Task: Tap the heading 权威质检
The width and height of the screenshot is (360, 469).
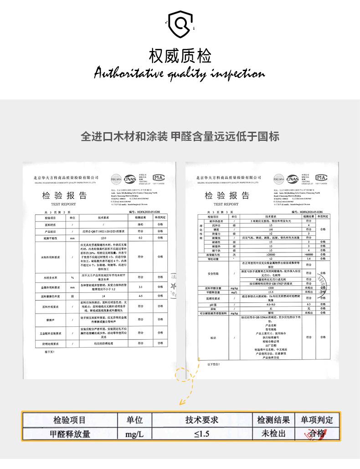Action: (180, 57)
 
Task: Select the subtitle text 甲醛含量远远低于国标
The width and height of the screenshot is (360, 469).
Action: (225, 136)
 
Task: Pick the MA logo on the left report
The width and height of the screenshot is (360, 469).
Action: (158, 177)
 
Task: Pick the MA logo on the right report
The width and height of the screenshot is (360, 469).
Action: (321, 177)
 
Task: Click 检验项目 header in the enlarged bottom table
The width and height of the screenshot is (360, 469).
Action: (69, 420)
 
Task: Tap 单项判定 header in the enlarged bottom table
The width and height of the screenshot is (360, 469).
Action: (317, 420)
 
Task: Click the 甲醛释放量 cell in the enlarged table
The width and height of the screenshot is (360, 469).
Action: (69, 433)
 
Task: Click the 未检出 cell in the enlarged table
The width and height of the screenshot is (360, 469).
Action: (273, 433)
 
